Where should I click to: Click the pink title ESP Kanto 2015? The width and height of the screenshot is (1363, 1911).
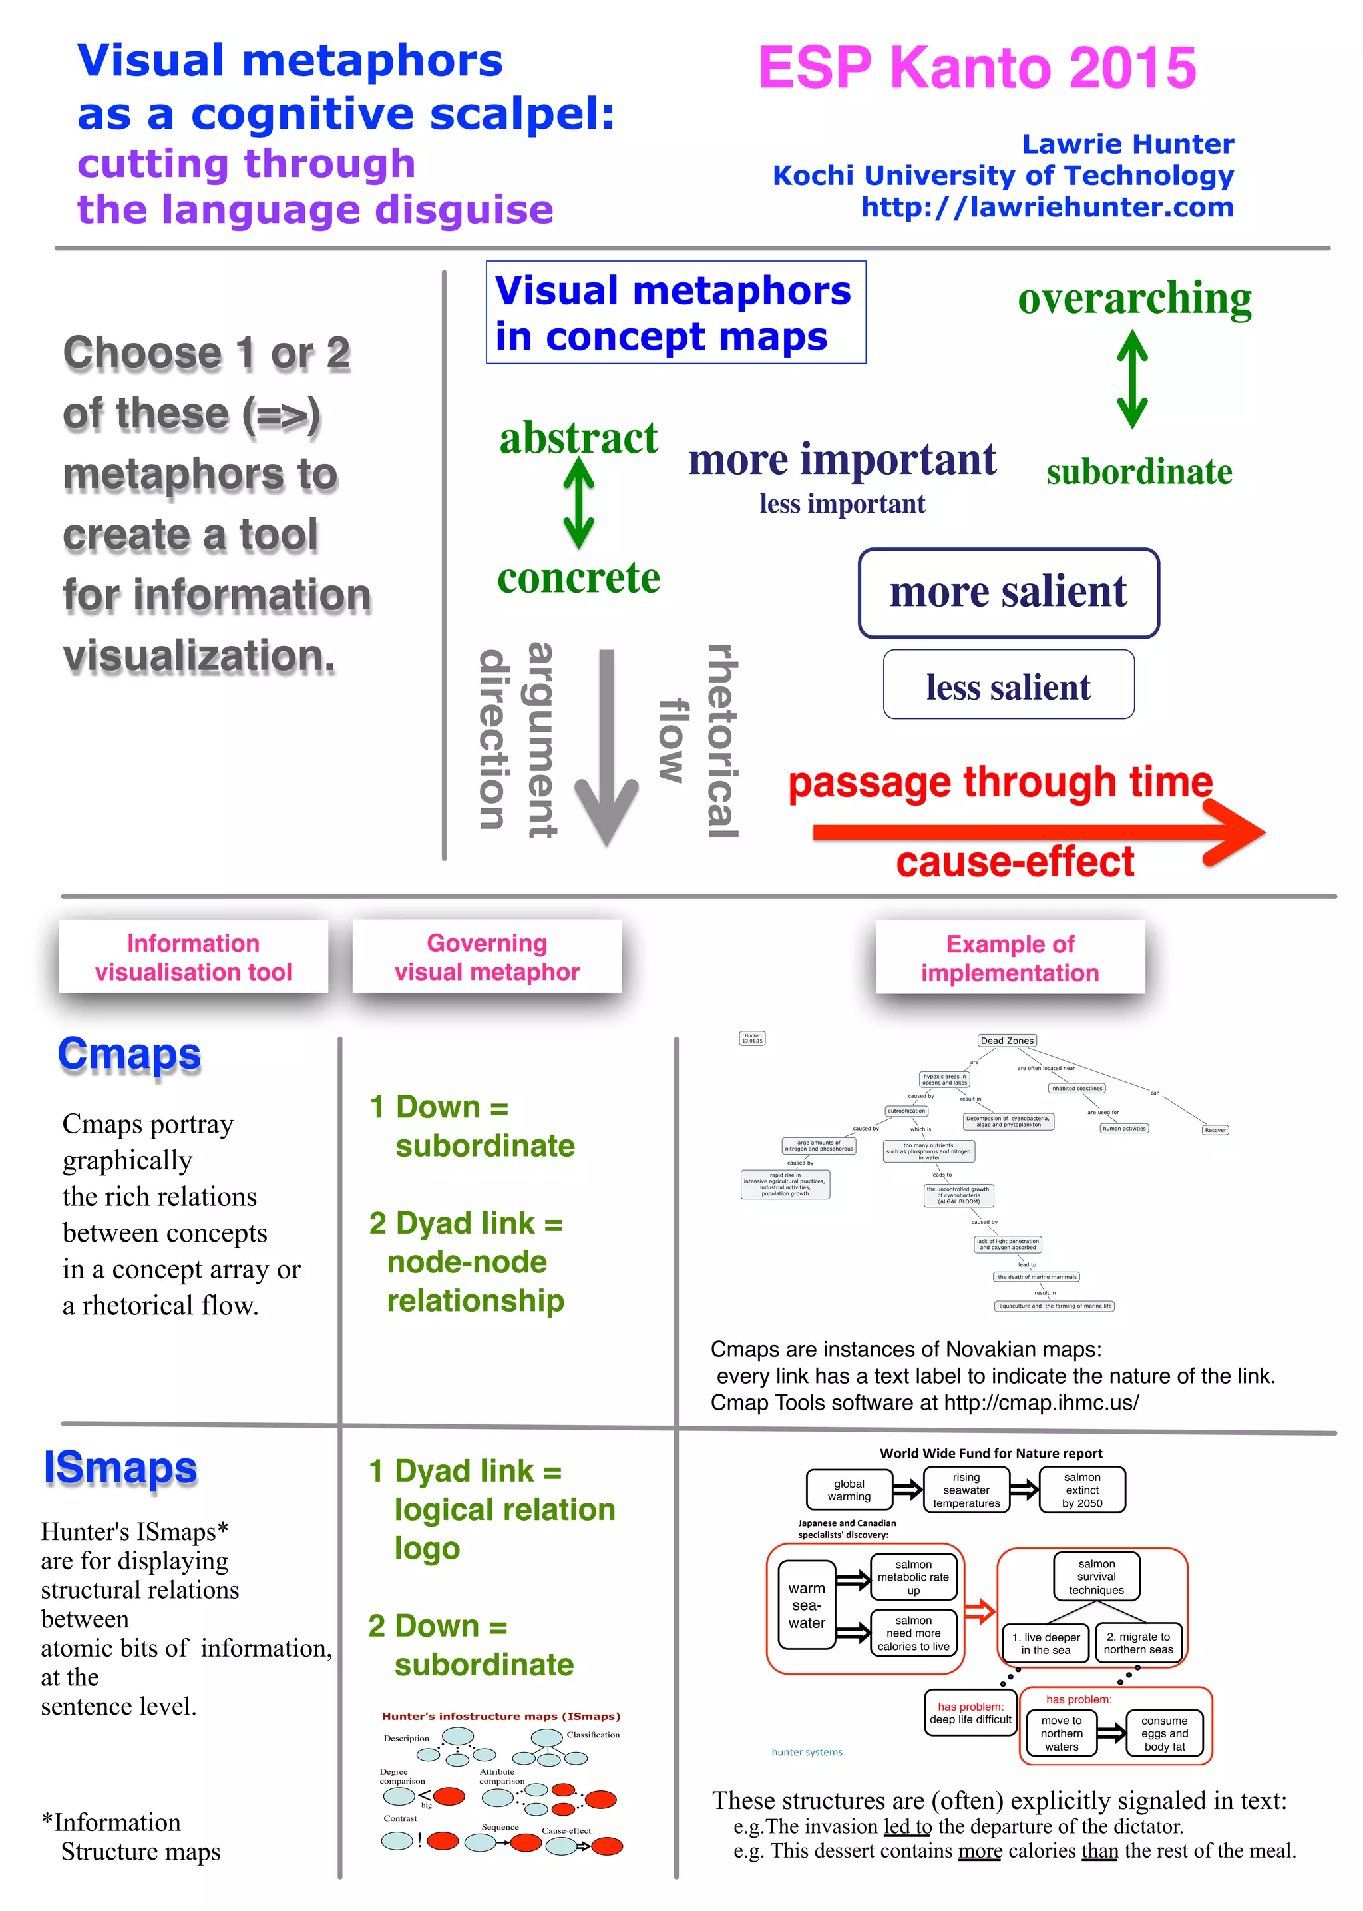977,67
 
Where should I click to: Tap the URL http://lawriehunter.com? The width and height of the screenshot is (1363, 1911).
1047,206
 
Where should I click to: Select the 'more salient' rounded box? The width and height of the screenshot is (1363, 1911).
1008,593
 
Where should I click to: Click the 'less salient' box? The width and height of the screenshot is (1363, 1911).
1008,686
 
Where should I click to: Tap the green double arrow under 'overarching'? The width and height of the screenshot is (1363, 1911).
1131,380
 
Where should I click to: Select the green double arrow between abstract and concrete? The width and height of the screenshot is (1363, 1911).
578,504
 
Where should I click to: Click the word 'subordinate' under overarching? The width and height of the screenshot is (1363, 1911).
1139,472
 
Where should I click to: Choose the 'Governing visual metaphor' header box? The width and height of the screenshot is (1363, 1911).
487,957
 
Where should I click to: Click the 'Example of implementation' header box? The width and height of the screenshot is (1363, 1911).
1010,958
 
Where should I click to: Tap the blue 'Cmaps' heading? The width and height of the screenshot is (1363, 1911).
129,1055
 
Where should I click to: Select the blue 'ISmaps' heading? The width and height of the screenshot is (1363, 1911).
120,1468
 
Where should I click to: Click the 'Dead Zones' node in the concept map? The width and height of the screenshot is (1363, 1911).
1006,1040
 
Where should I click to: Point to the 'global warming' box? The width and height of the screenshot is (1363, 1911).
849,1490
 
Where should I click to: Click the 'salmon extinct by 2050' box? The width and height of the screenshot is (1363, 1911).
1082,1490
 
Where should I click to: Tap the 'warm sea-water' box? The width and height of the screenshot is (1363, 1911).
806,1605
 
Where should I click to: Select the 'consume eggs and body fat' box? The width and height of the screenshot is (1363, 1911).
1164,1733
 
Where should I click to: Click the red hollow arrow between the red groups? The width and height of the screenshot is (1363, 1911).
980,1611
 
